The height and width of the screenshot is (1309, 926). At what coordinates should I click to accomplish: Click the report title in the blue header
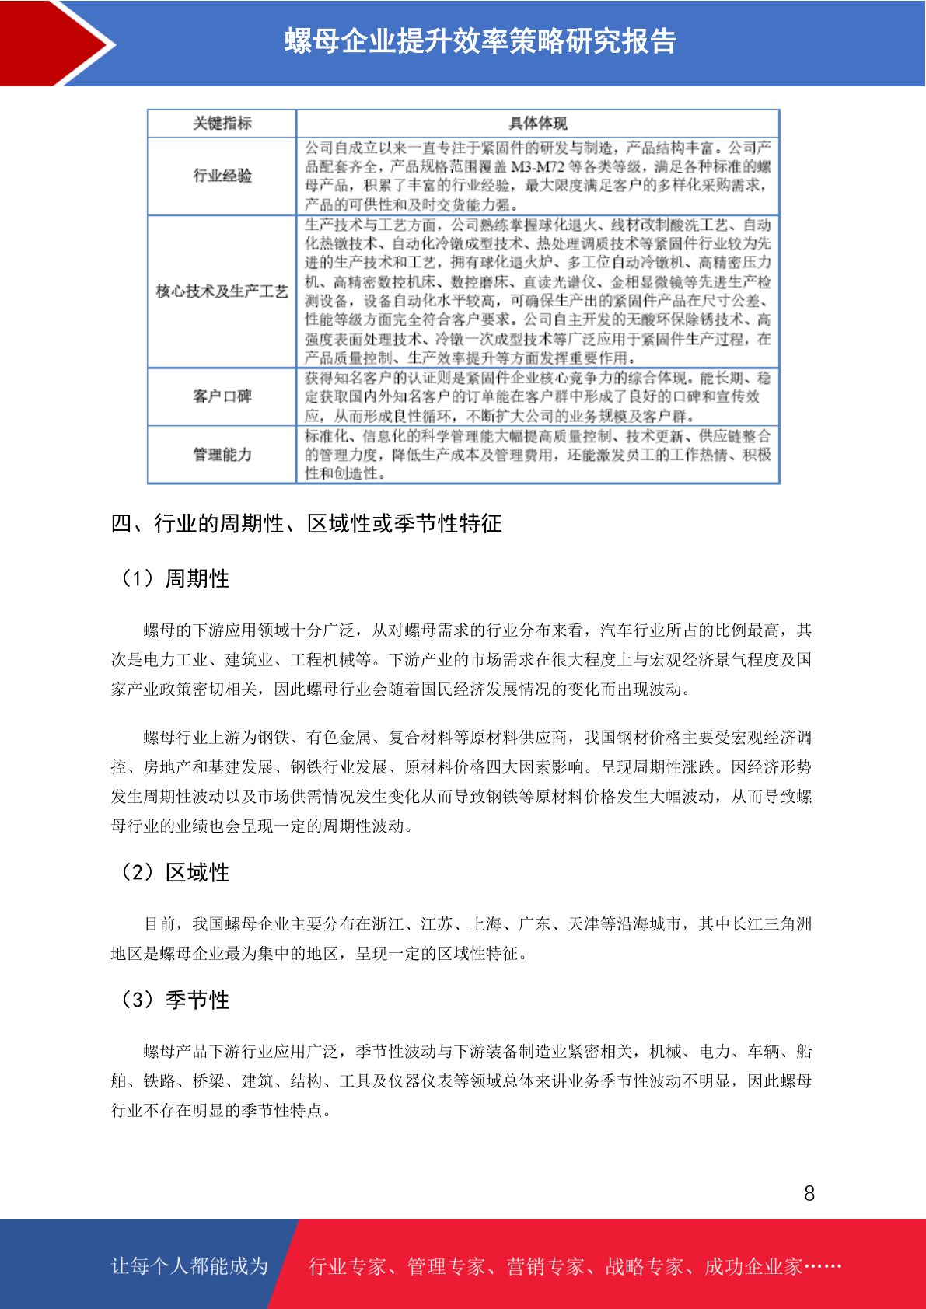(x=480, y=41)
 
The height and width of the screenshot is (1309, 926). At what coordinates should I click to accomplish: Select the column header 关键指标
(x=222, y=124)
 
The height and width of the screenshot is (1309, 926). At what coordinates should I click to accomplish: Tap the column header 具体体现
(x=537, y=124)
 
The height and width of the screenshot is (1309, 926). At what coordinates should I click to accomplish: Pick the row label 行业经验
(x=222, y=176)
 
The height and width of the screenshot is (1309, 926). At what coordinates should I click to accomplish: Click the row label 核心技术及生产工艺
(x=222, y=291)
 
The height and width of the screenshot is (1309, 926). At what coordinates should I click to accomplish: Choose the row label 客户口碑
(x=222, y=396)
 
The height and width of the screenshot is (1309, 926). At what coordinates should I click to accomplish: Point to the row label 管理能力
(x=222, y=454)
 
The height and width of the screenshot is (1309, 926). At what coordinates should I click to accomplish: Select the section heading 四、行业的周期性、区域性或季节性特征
(x=306, y=524)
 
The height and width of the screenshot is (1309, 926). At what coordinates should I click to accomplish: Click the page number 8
(x=809, y=1194)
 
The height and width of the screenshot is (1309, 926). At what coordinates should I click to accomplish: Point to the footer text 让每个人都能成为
(x=190, y=1266)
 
